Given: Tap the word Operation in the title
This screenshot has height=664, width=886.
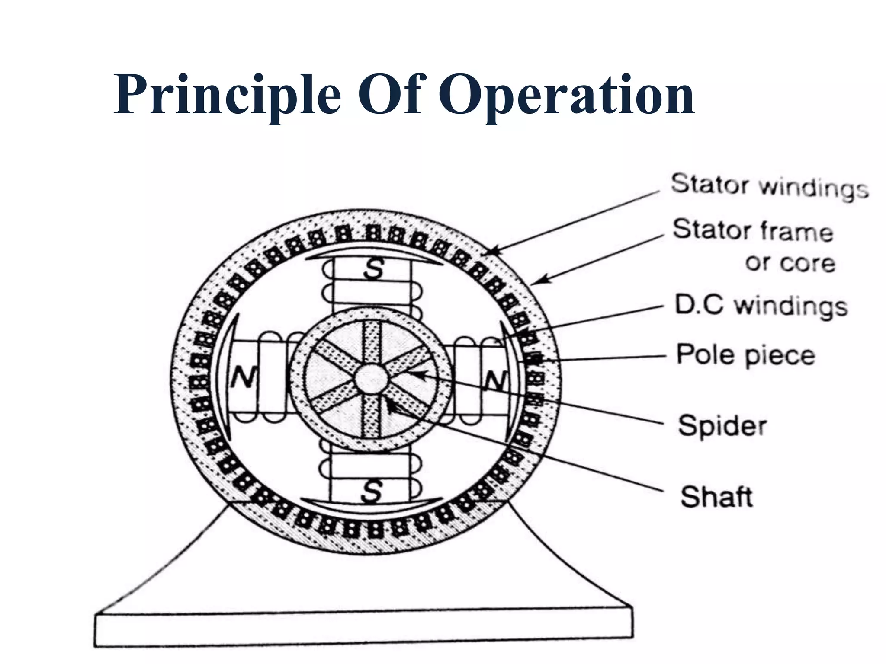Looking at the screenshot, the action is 567,95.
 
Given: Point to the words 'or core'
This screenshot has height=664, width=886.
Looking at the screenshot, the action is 790,263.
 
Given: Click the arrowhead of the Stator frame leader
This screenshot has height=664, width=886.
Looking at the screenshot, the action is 536,282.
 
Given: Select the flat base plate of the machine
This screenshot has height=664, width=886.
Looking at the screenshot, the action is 363,629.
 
